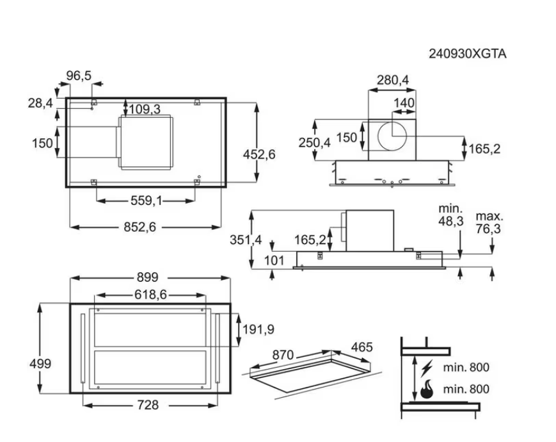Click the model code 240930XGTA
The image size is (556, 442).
point(467,54)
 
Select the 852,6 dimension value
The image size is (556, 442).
point(139,227)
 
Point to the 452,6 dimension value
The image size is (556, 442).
point(259,154)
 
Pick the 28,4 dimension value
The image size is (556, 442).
point(40,102)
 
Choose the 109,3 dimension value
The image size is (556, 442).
point(145,110)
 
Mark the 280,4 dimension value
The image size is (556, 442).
point(392,80)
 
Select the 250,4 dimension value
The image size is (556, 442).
point(315,143)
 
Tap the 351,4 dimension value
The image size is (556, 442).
point(246,240)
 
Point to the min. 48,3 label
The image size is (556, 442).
point(450,215)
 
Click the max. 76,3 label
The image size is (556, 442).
point(489,222)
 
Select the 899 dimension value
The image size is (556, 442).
point(148,278)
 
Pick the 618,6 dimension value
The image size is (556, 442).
point(150,295)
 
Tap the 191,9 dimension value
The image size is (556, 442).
point(258,329)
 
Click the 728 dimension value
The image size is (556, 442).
point(147,405)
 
